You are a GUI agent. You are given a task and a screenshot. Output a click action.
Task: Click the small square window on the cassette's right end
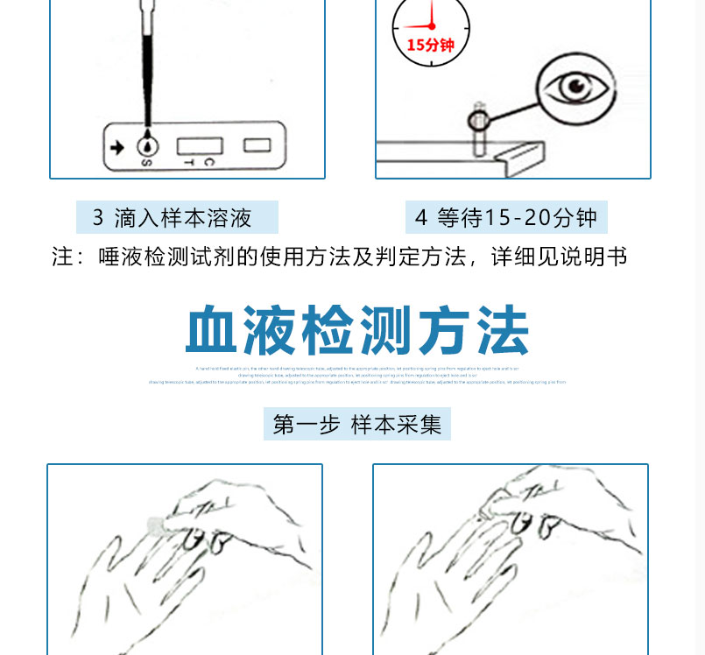pyautogui.click(x=256, y=144)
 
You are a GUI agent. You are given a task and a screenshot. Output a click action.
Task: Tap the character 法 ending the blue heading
pyautogui.click(x=501, y=332)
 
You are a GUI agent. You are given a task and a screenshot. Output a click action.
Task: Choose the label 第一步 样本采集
pyautogui.click(x=356, y=425)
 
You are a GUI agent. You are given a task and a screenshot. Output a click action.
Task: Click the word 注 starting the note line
pyautogui.click(x=63, y=257)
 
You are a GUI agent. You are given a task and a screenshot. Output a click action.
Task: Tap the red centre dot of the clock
pyautogui.click(x=431, y=25)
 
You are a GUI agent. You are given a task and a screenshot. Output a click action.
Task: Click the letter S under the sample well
pyautogui.click(x=145, y=162)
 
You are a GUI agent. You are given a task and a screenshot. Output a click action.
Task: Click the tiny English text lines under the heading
pyautogui.click(x=357, y=376)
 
